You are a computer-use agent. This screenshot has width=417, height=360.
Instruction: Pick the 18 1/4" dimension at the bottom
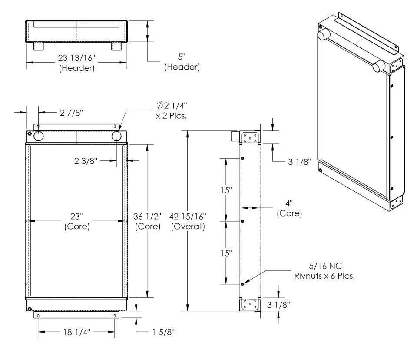pos(77,333)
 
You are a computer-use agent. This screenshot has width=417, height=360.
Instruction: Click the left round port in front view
pos(38,136)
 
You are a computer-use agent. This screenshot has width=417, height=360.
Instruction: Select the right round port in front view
pos(117,136)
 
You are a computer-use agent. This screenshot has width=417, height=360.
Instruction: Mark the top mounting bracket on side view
pos(250,137)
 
